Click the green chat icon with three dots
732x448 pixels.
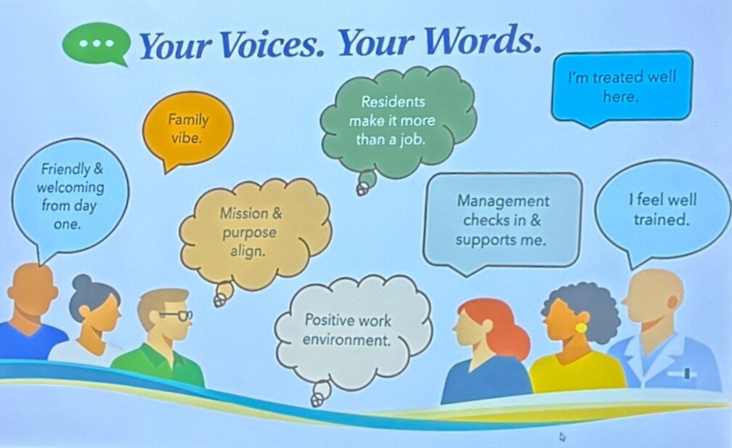[96, 44]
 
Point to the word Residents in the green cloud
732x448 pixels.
[393, 101]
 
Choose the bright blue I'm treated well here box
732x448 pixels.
[622, 89]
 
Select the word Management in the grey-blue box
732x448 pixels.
[503, 201]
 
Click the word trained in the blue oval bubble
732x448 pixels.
[661, 220]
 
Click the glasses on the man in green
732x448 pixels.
[176, 315]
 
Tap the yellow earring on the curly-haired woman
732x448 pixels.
[581, 327]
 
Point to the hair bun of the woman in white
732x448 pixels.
[82, 282]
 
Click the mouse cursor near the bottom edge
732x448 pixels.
[562, 437]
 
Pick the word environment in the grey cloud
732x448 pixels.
[346, 341]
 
